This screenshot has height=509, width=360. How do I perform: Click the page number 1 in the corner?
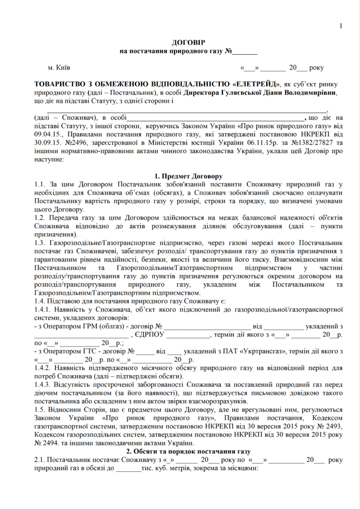pos(341,26)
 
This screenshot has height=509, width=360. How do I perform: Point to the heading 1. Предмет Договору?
pos(188,176)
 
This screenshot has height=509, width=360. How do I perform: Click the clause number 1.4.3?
pos(42,385)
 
